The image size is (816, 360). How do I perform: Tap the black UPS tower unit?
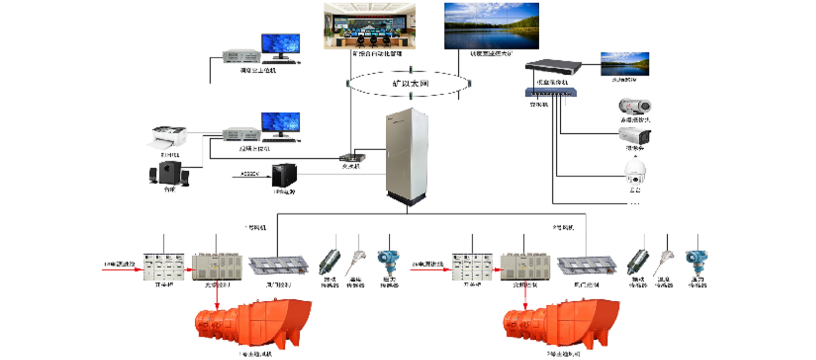tap(284, 176)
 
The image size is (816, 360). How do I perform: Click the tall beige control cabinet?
tap(407, 156)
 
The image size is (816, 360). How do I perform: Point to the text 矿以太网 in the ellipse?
tap(410, 84)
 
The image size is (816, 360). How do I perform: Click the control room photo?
tap(370, 26)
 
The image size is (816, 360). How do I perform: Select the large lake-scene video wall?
tap(491, 26)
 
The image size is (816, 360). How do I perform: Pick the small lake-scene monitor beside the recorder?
tap(625, 64)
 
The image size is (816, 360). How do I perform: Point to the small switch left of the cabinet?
tap(352, 158)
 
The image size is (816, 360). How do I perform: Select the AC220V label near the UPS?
tap(250, 174)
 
